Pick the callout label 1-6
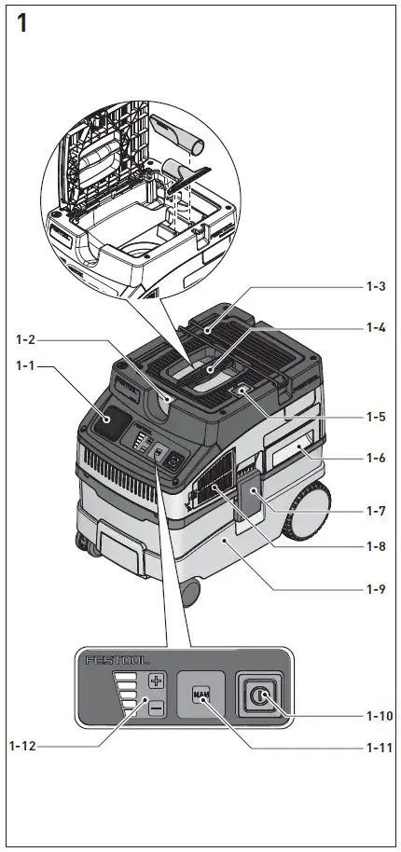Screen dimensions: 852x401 (377, 460)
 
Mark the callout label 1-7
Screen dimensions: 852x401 (377, 511)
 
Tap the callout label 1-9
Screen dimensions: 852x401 (377, 589)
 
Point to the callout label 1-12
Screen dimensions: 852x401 (25, 745)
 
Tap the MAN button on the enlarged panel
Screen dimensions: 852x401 (200, 694)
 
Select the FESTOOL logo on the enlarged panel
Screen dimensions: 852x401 (118, 661)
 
